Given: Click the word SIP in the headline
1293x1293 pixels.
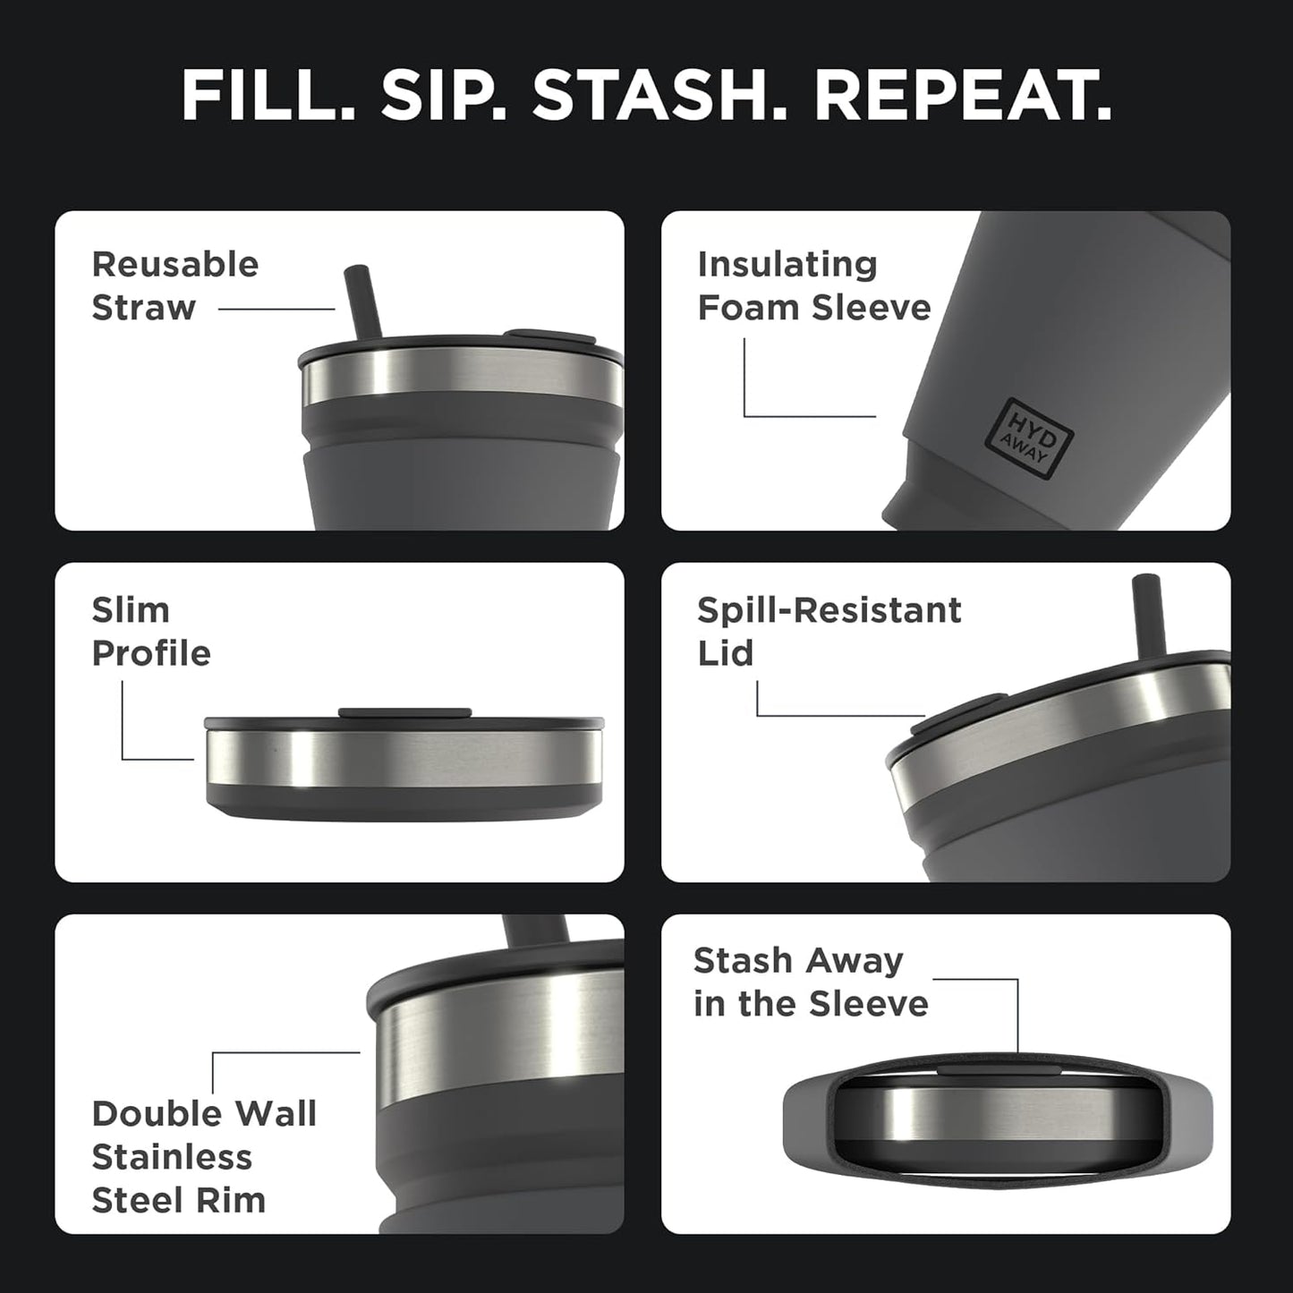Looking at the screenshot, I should (444, 95).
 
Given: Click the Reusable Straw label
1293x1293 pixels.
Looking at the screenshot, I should (175, 286).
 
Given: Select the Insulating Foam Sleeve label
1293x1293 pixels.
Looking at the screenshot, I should (813, 286).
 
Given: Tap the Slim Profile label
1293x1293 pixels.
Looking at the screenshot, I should (151, 632).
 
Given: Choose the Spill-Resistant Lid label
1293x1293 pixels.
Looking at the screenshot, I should (829, 632).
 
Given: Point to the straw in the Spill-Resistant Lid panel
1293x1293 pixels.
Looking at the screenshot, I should (1144, 617).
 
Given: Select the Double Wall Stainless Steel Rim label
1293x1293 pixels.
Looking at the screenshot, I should (204, 1157).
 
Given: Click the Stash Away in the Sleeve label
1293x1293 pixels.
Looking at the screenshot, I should (811, 983).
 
